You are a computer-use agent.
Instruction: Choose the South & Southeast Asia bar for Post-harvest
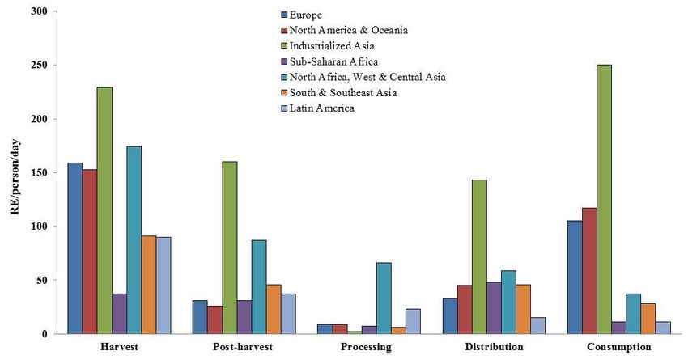tap(274, 308)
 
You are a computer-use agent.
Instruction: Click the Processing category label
tap(367, 347)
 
